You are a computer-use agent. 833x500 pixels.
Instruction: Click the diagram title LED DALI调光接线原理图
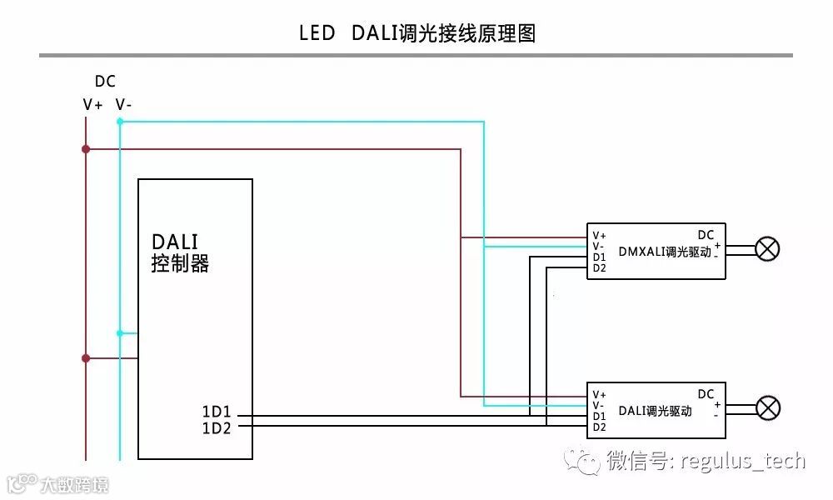(x=416, y=33)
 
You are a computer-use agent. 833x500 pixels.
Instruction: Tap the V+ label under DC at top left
(x=92, y=105)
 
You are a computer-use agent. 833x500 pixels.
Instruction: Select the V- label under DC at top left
(x=123, y=105)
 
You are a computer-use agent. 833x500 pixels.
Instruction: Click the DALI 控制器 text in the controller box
(x=178, y=252)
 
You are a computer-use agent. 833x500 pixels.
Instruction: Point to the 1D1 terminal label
(x=216, y=412)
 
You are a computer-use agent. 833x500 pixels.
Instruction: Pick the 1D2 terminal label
(x=216, y=428)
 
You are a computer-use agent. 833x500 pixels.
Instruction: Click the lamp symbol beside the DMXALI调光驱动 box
(x=767, y=248)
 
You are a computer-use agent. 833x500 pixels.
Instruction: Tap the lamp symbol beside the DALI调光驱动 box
(x=767, y=407)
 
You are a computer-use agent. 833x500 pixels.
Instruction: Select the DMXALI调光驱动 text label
(x=665, y=251)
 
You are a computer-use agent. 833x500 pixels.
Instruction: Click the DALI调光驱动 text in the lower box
(x=655, y=411)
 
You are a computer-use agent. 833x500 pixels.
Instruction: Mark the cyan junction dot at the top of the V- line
(x=120, y=122)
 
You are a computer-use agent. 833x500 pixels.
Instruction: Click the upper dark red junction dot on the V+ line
(x=86, y=149)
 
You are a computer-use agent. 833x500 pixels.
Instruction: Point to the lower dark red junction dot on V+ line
(x=86, y=358)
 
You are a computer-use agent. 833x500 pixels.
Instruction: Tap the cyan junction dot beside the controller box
(x=120, y=333)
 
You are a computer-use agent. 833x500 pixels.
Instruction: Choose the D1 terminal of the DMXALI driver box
(x=599, y=257)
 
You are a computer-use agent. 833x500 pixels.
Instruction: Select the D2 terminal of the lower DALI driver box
(x=599, y=427)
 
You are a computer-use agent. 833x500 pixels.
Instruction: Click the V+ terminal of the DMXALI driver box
(x=599, y=236)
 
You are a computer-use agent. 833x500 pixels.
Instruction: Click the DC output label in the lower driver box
(x=706, y=394)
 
